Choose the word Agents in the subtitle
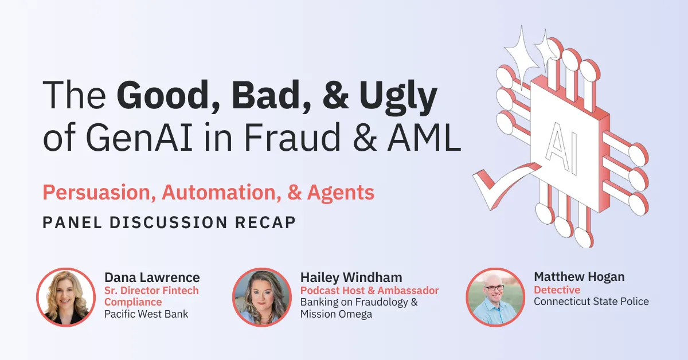point(341,193)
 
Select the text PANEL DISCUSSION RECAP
point(169,222)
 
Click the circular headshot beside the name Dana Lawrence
point(65,297)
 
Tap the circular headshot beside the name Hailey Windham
point(261,297)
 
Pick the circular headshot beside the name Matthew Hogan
point(495,297)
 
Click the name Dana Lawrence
point(152,277)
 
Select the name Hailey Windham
point(350,277)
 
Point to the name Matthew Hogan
point(579,277)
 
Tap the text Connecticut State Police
point(591,302)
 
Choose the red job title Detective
point(557,290)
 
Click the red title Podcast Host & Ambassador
point(369,290)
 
